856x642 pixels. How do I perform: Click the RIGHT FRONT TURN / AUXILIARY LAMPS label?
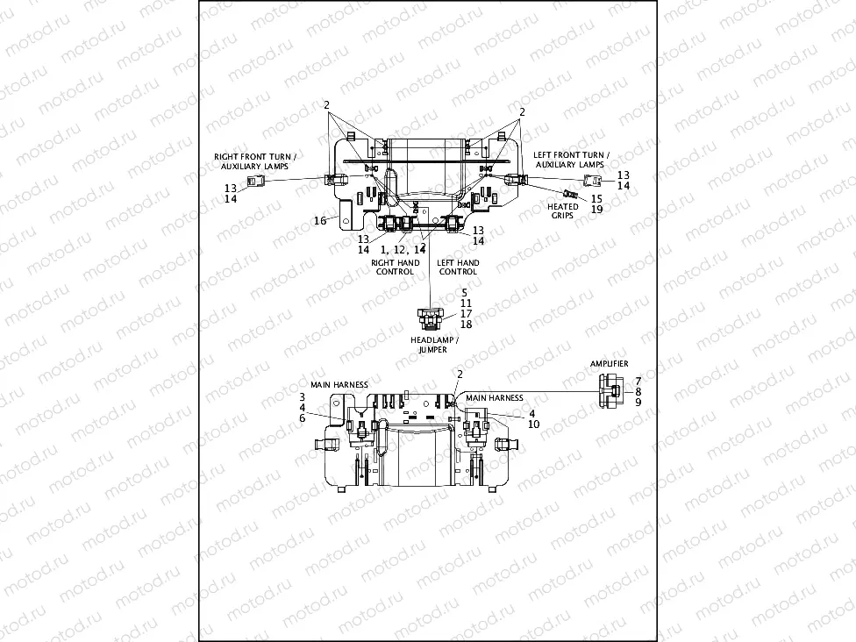(255, 160)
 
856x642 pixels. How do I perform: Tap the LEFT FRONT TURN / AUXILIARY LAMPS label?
(572, 160)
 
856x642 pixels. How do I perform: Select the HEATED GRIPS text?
(563, 211)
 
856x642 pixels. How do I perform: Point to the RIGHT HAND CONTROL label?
(396, 267)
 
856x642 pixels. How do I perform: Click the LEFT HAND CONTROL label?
(458, 267)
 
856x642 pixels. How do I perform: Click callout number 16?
(320, 221)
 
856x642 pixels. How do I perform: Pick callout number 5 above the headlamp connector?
(465, 292)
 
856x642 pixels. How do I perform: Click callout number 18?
(466, 325)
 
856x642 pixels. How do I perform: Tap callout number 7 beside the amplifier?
(638, 381)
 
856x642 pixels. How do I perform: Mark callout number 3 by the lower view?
(302, 396)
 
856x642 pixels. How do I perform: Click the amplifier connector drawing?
(610, 391)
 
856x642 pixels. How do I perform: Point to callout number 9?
(638, 403)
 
